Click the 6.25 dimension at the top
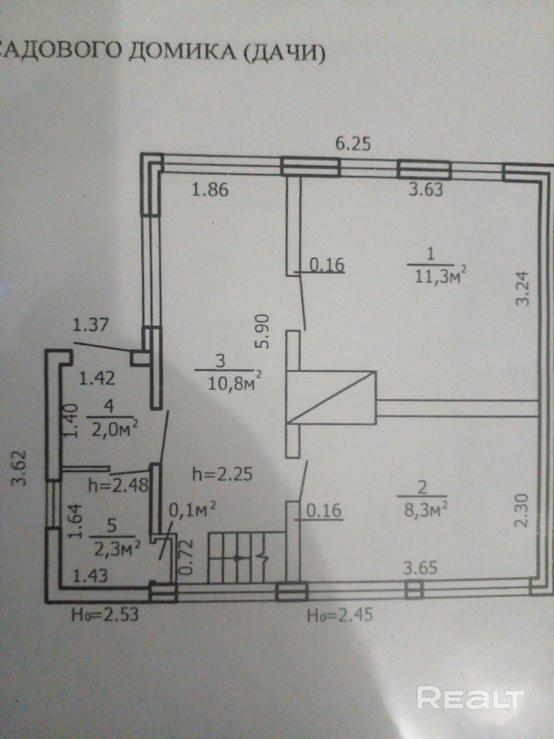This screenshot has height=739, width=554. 353,145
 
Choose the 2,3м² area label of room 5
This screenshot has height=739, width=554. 117,548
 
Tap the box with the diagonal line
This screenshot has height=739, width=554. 331,398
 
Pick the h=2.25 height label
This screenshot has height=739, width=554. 223,474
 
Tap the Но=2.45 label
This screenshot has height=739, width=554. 340,615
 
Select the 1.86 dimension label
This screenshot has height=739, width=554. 210,190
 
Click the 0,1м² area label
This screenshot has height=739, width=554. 193,509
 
